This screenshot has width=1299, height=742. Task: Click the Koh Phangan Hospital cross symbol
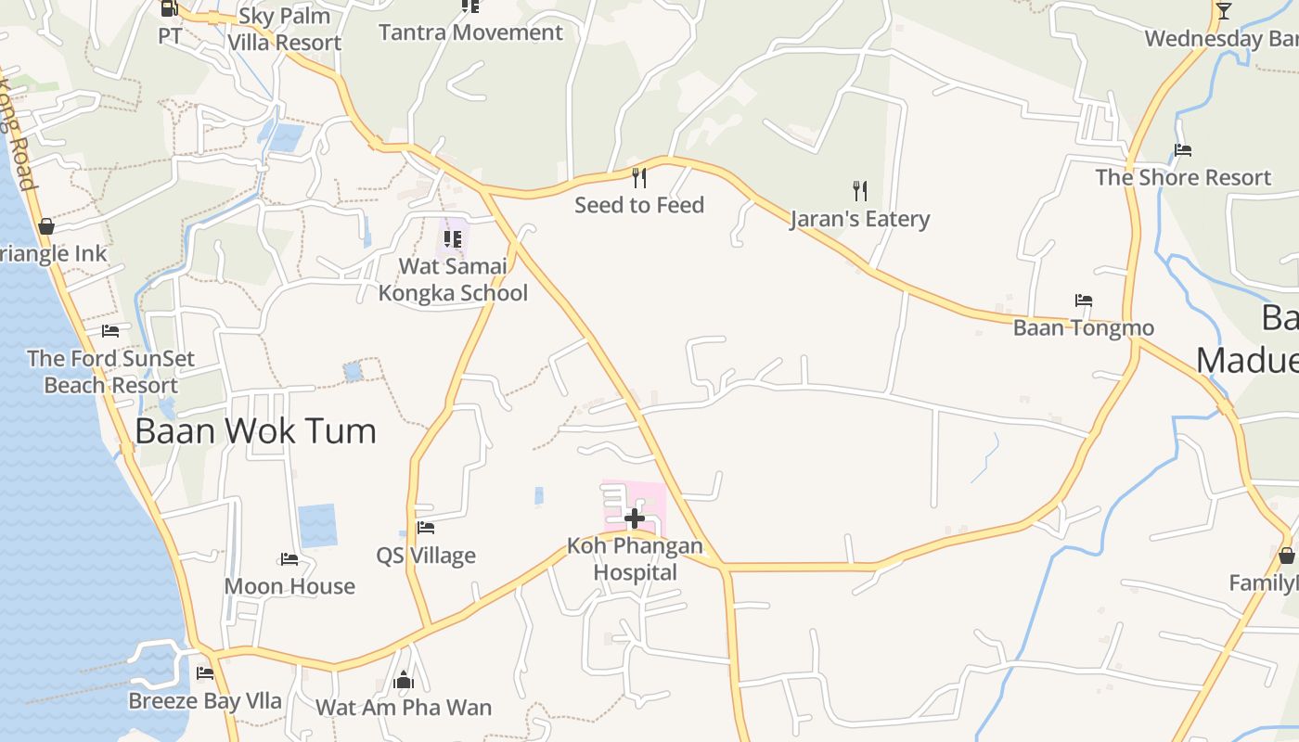click(635, 518)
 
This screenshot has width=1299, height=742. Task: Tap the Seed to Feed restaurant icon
click(638, 177)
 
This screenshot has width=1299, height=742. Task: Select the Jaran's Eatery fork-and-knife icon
click(860, 191)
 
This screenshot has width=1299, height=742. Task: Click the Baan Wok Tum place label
click(256, 431)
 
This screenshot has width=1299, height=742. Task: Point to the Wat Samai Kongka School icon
click(453, 239)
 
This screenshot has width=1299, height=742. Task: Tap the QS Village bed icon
click(426, 528)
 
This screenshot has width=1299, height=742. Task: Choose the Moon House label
click(289, 586)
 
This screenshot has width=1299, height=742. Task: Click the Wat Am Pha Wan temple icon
click(403, 681)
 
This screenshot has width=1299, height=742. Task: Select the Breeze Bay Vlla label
click(205, 700)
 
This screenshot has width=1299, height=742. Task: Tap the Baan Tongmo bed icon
click(1083, 301)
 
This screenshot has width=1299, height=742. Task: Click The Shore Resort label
click(1183, 177)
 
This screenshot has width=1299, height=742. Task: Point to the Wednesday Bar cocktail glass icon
click(1224, 11)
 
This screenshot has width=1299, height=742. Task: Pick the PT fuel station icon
click(169, 8)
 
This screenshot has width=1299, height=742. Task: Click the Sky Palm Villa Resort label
click(285, 29)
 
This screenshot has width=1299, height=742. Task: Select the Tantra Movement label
click(470, 32)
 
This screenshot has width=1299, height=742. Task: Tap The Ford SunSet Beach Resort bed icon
click(110, 331)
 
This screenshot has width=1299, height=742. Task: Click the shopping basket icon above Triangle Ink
click(45, 226)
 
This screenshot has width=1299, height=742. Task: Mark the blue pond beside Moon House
click(317, 525)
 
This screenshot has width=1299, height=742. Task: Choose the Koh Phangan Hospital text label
click(636, 559)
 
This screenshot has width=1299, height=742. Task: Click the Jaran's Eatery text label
click(860, 219)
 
